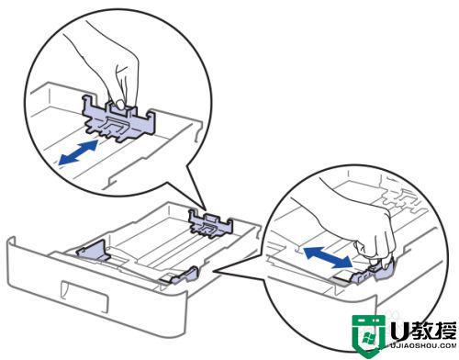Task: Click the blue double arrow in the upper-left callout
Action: click(x=79, y=152)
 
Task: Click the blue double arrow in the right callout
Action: click(x=328, y=257)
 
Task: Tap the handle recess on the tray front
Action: click(x=84, y=296)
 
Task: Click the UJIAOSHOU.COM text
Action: click(x=423, y=346)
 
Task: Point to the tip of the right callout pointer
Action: click(x=214, y=271)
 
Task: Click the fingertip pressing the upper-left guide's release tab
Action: click(x=120, y=105)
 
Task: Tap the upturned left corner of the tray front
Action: click(x=12, y=242)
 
